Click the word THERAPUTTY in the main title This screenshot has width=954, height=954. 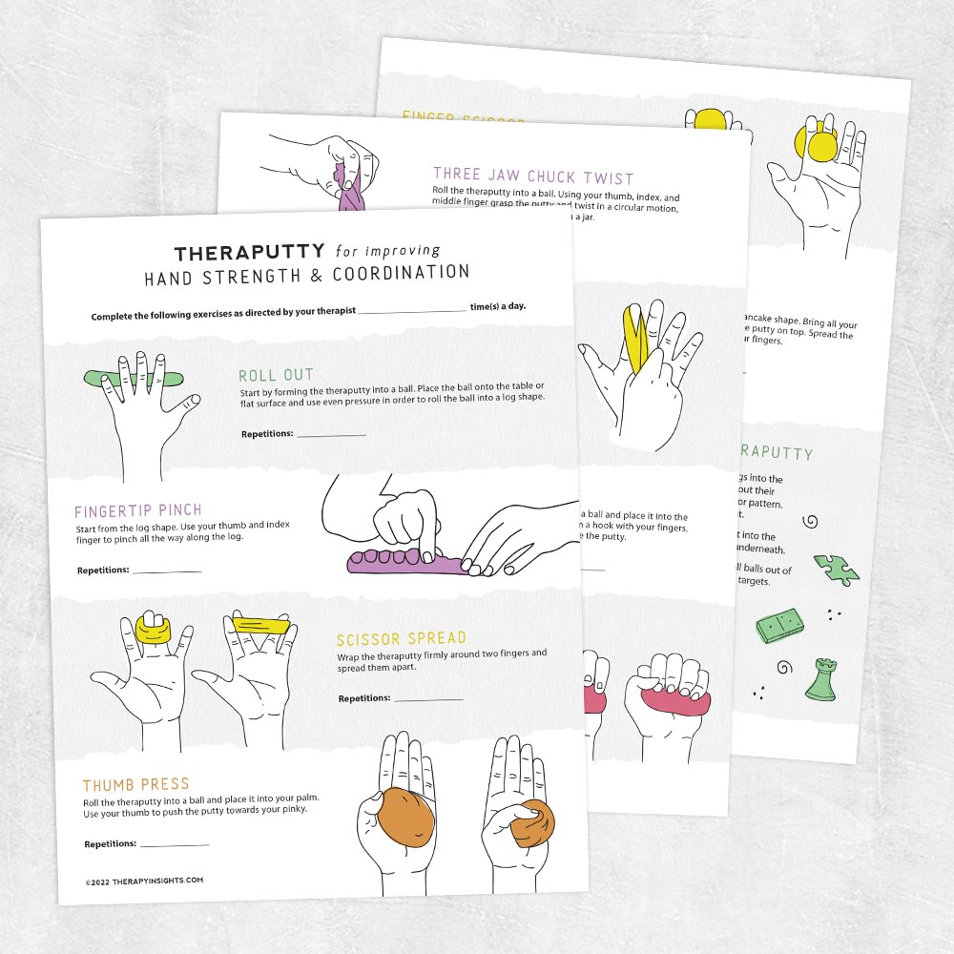251,254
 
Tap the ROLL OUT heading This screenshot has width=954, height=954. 276,376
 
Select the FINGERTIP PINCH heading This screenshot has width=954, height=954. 138,511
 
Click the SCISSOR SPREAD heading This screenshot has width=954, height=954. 401,639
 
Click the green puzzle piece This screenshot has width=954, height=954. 836,570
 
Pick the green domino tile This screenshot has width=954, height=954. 781,626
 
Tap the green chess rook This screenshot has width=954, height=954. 819,680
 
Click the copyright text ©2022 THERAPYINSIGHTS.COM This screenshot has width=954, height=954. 143,881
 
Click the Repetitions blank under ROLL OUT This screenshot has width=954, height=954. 331,435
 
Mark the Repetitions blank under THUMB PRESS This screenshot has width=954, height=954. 175,845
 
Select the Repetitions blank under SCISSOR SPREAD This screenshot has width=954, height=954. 428,699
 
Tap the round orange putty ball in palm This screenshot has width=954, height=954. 406,815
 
